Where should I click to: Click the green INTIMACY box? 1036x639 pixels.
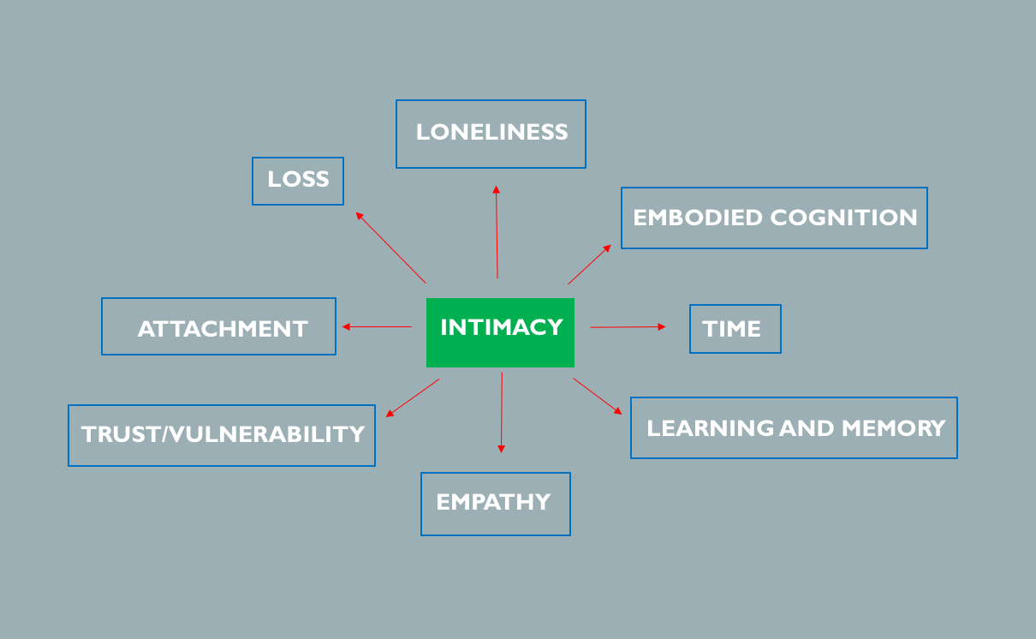coord(500,332)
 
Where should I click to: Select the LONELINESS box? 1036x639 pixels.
coord(491,134)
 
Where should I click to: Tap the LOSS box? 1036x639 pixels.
coord(298,181)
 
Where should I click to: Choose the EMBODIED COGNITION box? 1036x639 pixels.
coord(774,218)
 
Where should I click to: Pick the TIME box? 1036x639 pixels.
coord(735,329)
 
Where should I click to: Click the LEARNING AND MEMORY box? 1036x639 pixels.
coord(794,427)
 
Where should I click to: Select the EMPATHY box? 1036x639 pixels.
coord(495,504)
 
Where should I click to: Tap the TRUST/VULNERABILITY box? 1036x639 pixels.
coord(222,435)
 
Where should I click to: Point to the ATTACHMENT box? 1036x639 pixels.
coord(218,326)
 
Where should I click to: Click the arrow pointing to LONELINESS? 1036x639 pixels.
coord(497,231)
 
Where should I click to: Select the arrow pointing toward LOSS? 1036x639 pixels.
coord(390,247)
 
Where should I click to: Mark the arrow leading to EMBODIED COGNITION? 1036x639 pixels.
coord(589,264)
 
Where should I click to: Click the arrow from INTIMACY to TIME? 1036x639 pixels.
coord(628,326)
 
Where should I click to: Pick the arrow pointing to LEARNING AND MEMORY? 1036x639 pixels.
coord(598,397)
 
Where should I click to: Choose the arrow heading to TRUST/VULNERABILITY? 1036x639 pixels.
coord(413,397)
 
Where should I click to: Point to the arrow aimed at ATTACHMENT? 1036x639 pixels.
coord(377,326)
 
